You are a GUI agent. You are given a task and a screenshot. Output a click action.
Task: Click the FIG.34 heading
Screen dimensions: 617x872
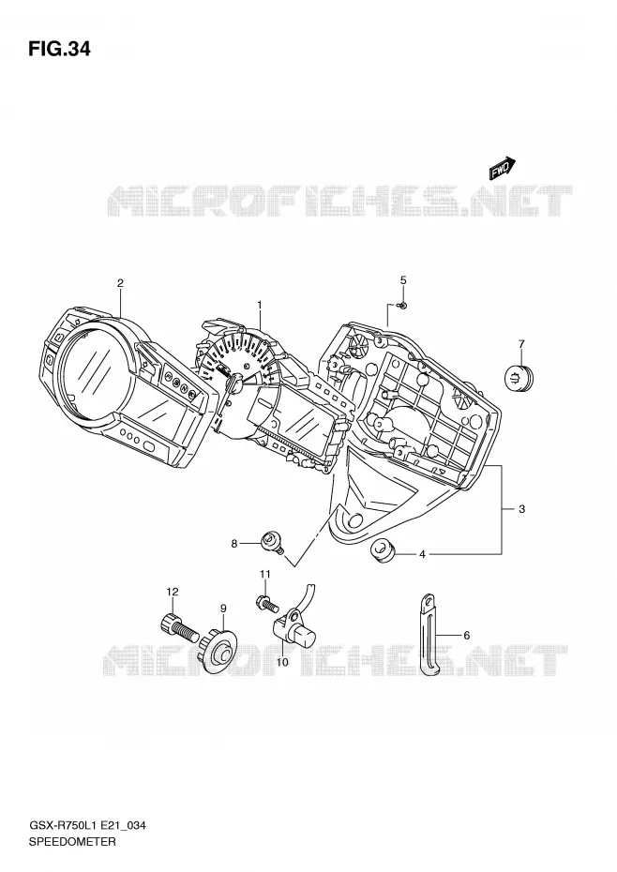coord(59,50)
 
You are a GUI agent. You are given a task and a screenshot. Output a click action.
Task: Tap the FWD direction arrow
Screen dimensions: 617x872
coord(503,169)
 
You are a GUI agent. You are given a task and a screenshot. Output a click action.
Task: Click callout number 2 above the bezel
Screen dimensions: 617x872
coord(120,283)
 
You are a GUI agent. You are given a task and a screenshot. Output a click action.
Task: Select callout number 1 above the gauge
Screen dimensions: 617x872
coord(259,305)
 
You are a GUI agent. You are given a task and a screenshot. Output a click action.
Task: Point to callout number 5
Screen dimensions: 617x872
coord(403,280)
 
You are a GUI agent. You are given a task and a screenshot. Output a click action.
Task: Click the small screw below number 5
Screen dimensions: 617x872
coord(403,306)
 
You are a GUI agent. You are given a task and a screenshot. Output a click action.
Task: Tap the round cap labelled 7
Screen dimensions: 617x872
coord(519,377)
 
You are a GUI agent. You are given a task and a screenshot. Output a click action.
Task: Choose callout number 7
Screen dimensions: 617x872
coord(521,344)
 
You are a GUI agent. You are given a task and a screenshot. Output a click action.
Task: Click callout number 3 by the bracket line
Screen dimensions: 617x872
coord(521,508)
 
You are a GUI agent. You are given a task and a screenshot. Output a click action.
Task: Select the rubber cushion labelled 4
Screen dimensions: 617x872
coord(383,550)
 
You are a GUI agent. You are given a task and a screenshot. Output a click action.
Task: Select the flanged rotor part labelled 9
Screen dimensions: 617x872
coord(218,649)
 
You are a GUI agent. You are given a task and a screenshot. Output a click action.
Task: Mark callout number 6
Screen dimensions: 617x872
coord(466,635)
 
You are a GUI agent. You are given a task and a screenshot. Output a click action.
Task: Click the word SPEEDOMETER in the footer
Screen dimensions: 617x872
coord(72,841)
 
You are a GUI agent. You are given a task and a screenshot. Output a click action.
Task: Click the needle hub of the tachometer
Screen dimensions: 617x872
coord(233,383)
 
